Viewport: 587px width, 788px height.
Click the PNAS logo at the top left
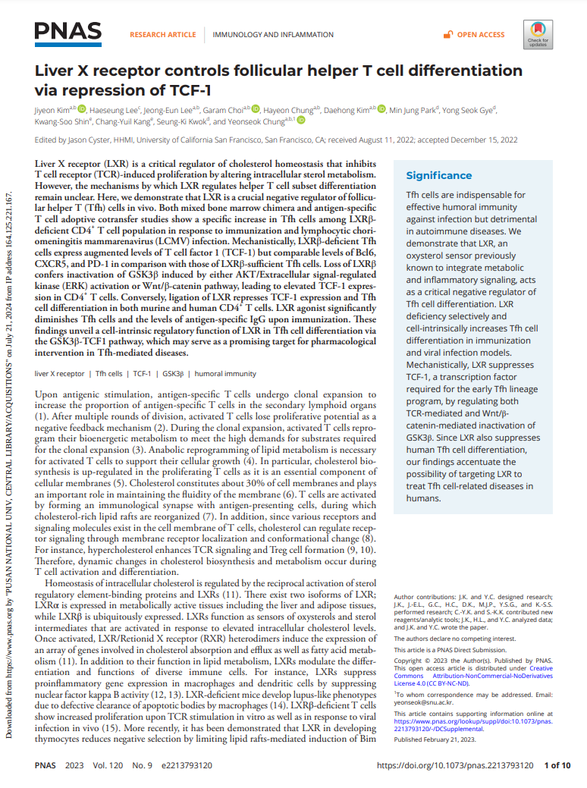click(x=67, y=31)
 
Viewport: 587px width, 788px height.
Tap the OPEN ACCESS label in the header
click(x=481, y=35)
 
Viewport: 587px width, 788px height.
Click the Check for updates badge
click(x=538, y=35)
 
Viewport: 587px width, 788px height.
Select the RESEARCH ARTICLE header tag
click(x=162, y=35)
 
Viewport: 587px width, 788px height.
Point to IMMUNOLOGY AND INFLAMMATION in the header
click(x=272, y=35)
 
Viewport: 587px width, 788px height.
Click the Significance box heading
click(x=439, y=175)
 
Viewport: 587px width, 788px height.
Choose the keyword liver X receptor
click(x=60, y=374)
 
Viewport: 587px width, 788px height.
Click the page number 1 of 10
click(x=558, y=766)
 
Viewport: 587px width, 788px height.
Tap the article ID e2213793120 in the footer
click(x=182, y=766)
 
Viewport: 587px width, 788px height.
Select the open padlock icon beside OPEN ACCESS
click(x=448, y=35)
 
